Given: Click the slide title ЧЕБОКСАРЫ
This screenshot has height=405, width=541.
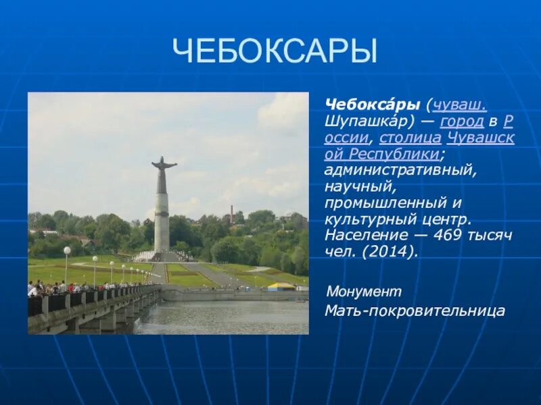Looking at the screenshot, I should coord(274,51).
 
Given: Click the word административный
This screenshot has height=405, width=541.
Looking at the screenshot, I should coord(400,170).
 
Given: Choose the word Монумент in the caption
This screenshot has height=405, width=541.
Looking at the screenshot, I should coord(364,292).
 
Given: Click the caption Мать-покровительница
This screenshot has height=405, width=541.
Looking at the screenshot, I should coord(415,311).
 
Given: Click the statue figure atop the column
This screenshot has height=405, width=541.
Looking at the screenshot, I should coord(162,173).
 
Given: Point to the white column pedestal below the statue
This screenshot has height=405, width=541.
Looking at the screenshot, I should coord(162,223).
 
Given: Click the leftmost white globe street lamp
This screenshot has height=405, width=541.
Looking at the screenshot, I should coord(67,251).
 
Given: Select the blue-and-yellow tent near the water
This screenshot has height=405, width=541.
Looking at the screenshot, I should coord(281,286).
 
